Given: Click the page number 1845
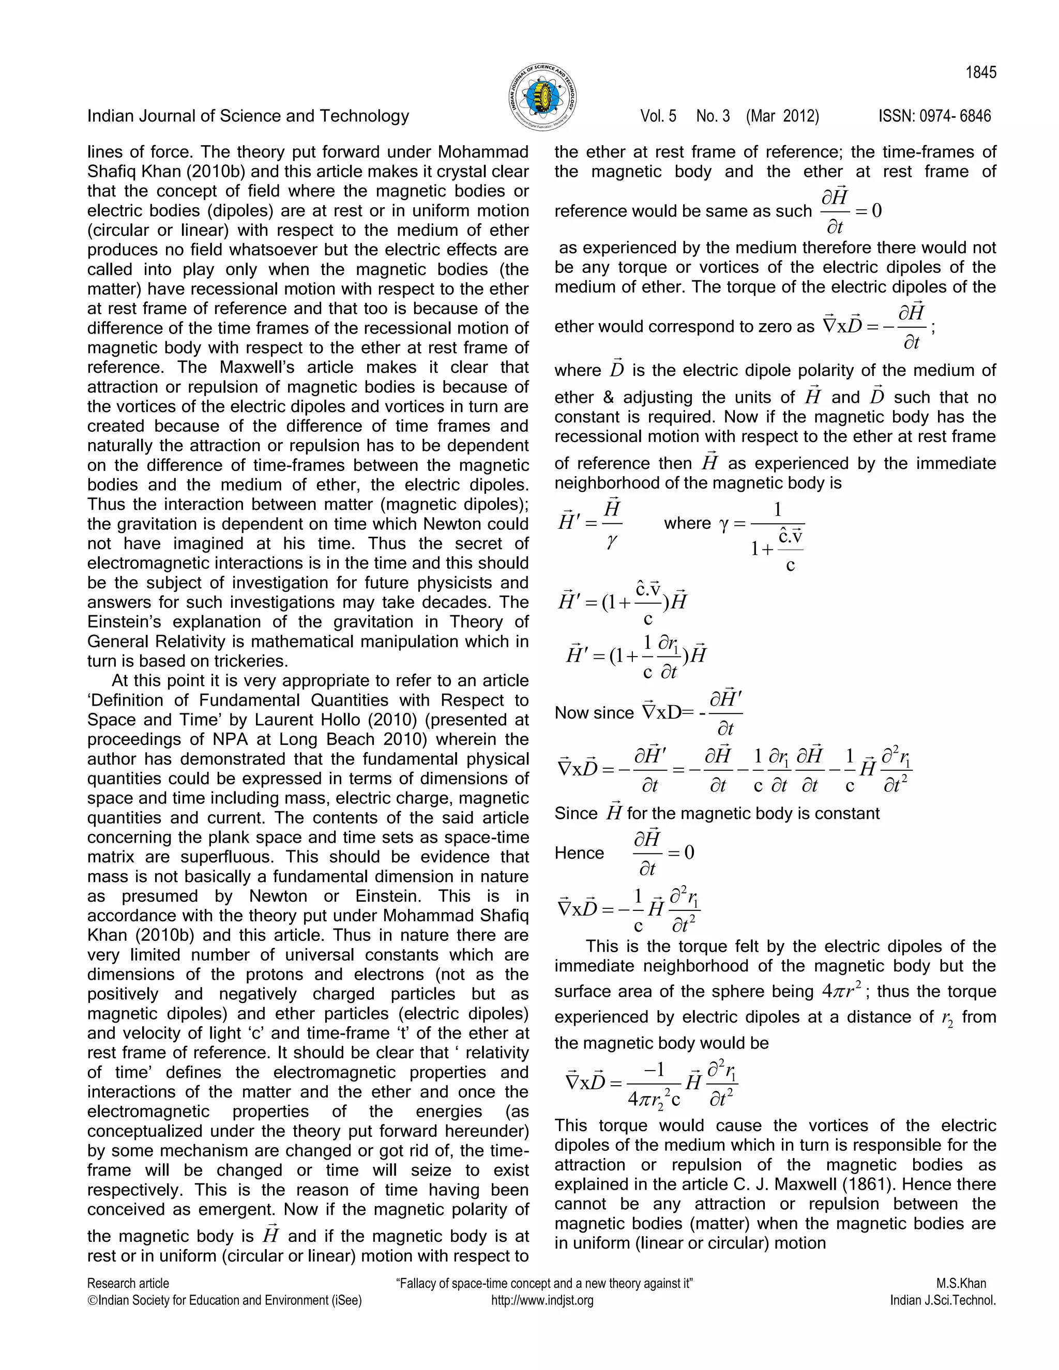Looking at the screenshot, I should (980, 73).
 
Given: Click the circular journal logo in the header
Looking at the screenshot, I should (542, 97).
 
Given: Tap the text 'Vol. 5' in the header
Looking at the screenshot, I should (658, 116).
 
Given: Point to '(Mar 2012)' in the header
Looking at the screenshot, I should (782, 116).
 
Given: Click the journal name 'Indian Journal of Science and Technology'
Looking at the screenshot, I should (248, 116).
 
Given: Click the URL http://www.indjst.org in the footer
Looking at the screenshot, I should (542, 1300).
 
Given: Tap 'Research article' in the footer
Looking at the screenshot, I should (128, 1284).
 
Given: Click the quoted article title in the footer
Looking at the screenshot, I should (544, 1284).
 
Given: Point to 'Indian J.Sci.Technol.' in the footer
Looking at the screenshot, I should (943, 1300).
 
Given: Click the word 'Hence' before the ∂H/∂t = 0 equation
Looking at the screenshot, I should (579, 853).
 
